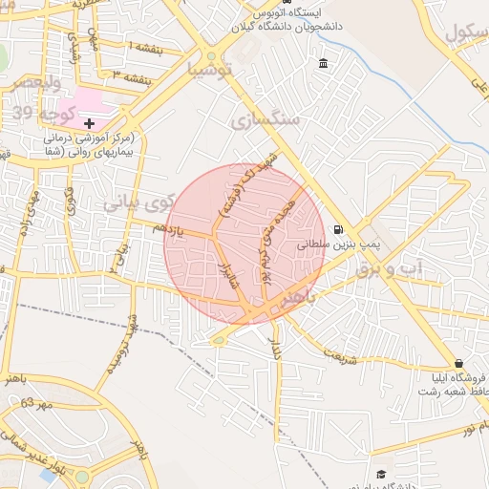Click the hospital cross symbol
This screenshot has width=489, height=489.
pyautogui.click(x=89, y=123)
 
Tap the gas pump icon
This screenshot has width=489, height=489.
pyautogui.click(x=340, y=229)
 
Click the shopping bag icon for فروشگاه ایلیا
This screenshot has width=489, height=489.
pyautogui.click(x=459, y=363)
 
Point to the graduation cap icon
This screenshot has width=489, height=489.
pyautogui.click(x=381, y=475)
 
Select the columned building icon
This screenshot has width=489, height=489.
pyautogui.click(x=323, y=64)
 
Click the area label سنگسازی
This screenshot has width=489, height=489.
pyautogui.click(x=266, y=120)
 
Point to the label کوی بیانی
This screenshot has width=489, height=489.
pyautogui.click(x=138, y=202)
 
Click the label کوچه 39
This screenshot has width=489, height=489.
pyautogui.click(x=35, y=115)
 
